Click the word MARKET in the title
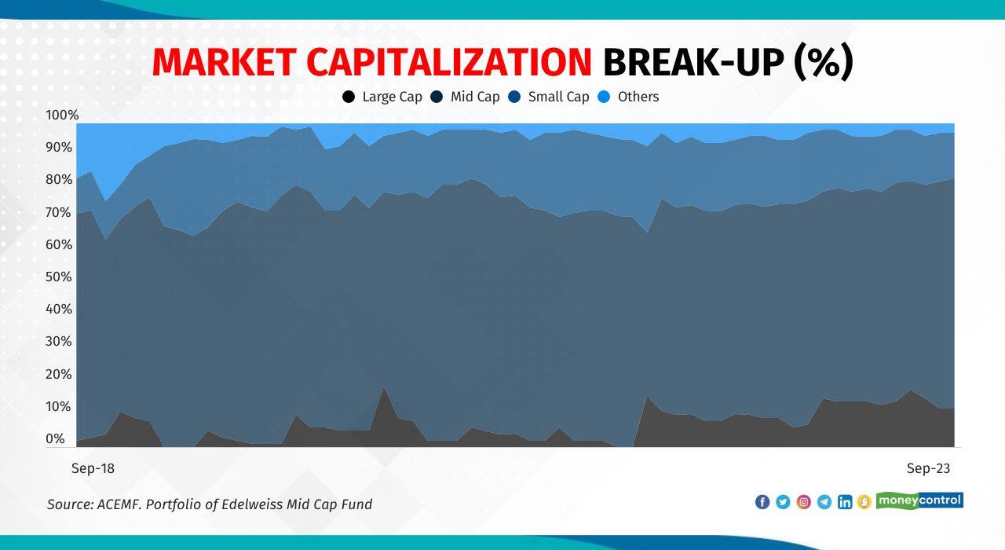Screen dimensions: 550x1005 (224, 63)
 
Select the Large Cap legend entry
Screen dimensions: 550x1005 (382, 97)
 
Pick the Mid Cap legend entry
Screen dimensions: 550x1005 (466, 97)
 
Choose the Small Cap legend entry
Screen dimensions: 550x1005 (548, 97)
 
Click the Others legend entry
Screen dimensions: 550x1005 (628, 97)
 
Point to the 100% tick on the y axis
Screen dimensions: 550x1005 (62, 115)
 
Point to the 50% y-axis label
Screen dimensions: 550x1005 (59, 277)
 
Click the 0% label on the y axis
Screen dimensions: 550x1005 (55, 438)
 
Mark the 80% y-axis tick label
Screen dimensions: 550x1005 (59, 180)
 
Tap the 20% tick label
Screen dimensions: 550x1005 (59, 374)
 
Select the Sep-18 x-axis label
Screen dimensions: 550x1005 (93, 468)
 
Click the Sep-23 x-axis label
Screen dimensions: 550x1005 (928, 468)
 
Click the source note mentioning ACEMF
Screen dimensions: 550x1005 (210, 504)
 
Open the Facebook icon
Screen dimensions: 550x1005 (762, 501)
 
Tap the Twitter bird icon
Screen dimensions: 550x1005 (783, 501)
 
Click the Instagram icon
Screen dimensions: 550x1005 (803, 501)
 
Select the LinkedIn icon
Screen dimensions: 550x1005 (845, 501)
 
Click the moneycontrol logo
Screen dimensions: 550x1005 (919, 500)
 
